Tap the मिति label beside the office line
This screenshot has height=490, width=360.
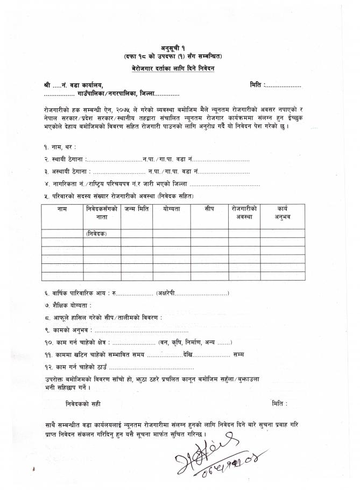point(257,86)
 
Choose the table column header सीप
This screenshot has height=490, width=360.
point(209,208)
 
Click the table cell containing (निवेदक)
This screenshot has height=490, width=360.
point(96,233)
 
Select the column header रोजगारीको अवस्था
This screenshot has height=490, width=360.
point(245,212)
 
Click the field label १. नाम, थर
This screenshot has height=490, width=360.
point(60,146)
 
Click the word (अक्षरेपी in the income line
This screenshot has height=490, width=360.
point(164,293)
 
